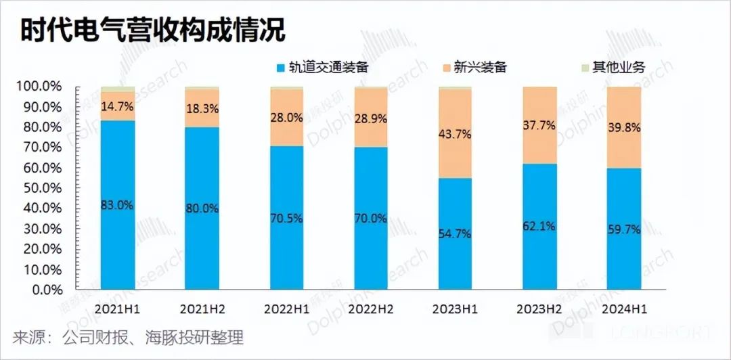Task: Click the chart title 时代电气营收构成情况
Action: (x=152, y=30)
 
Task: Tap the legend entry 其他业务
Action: (x=619, y=67)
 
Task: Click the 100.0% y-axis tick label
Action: (x=39, y=87)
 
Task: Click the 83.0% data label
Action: (x=117, y=206)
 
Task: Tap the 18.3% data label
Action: (x=202, y=108)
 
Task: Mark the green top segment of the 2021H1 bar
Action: (x=118, y=89)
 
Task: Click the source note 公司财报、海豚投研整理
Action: (x=152, y=336)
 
